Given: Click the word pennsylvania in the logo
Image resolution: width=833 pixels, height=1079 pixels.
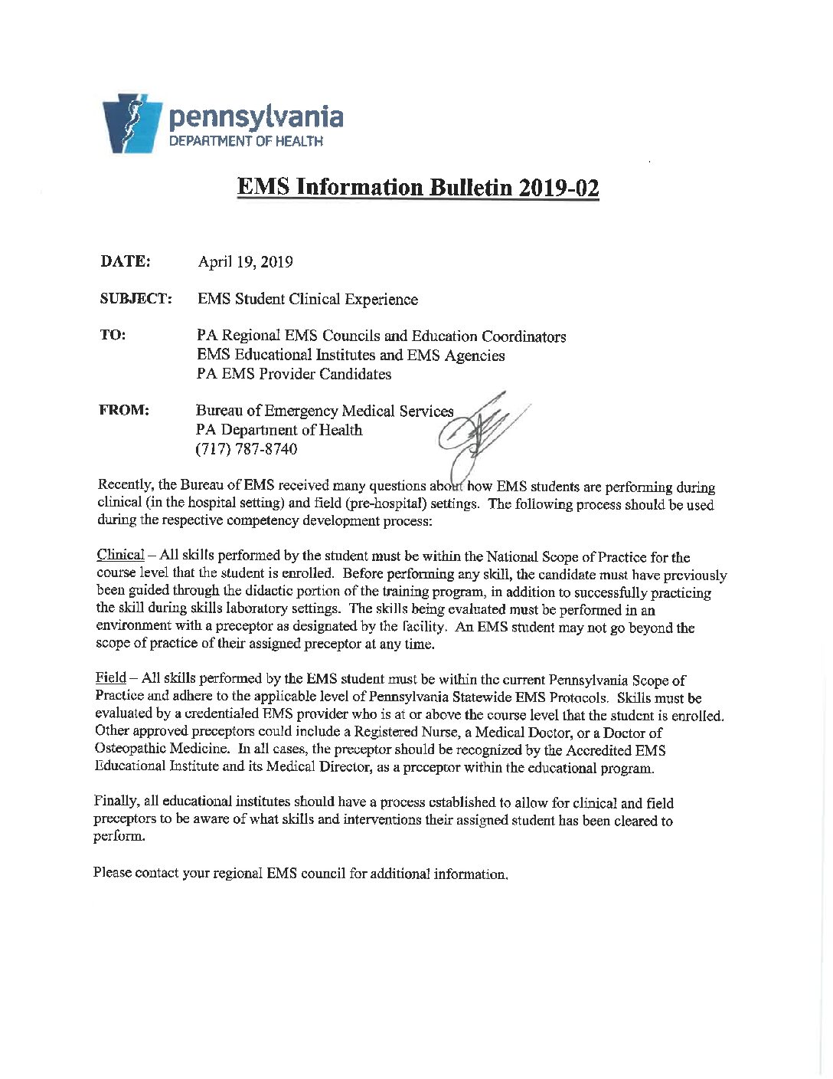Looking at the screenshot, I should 256,117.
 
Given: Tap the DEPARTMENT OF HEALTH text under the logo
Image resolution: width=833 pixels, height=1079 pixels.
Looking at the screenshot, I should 246,141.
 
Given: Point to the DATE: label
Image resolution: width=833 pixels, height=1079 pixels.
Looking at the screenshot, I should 125,261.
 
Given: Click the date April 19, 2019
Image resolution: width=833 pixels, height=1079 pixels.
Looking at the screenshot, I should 245,262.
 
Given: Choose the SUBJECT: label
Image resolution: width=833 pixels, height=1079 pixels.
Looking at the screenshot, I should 136,299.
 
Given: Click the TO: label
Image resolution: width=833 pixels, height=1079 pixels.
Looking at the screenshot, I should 113,336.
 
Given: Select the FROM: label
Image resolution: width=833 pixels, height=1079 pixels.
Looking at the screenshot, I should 123,411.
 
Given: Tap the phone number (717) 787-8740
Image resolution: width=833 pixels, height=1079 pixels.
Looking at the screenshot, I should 247,449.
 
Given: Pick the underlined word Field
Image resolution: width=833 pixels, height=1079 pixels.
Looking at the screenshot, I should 110,680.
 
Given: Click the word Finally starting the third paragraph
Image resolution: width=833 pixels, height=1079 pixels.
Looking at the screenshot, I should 116,802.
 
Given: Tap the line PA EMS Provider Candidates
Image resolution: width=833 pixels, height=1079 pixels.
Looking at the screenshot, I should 293,374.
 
